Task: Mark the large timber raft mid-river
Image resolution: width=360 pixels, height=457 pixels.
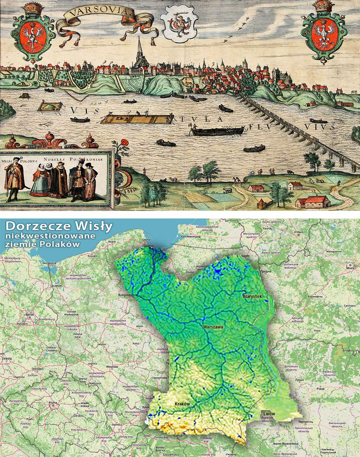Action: coord(135,119)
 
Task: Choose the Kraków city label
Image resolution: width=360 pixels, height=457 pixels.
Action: coord(182,404)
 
